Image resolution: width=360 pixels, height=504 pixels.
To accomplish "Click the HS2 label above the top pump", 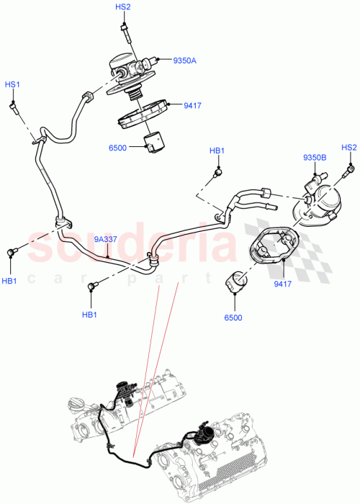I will [123, 7].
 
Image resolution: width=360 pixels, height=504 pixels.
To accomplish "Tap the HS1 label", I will [13, 85].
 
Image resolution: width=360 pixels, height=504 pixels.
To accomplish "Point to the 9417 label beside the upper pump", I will [192, 107].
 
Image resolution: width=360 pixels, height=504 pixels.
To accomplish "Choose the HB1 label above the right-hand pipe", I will [217, 151].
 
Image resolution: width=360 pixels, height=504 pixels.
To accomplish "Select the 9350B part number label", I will [315, 157].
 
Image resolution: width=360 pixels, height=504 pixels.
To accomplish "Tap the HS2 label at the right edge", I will [349, 148].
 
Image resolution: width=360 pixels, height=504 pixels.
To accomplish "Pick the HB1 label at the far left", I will [10, 280].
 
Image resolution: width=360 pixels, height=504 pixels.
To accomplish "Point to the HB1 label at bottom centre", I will [89, 315].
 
